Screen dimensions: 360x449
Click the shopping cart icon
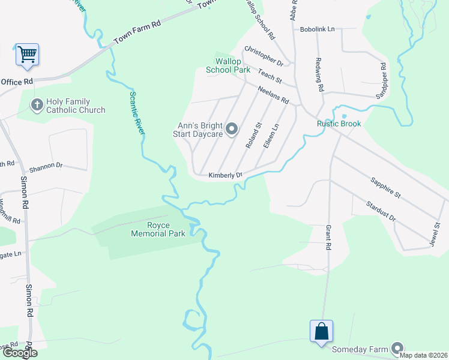(27, 54)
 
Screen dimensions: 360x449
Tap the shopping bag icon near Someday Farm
(321, 331)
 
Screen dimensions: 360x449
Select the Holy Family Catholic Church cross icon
(36, 105)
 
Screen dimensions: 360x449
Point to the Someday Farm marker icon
(397, 348)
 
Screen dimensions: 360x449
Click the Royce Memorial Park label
(158, 229)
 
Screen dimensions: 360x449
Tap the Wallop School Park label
(228, 66)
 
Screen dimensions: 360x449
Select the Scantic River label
(135, 111)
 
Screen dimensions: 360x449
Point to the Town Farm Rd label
(138, 33)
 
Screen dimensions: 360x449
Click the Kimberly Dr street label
(225, 175)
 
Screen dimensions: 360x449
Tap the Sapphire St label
(385, 187)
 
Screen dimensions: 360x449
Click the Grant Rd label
(328, 238)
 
